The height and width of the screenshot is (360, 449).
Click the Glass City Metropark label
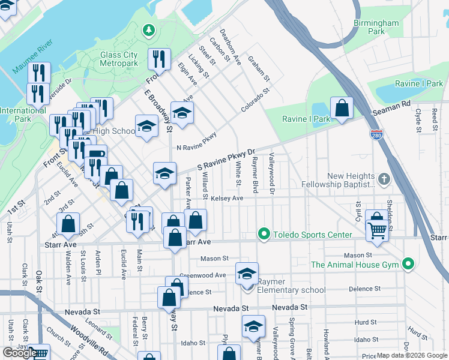click(x=119, y=59)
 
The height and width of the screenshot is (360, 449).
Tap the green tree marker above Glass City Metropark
click(x=148, y=30)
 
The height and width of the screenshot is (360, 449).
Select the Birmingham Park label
click(x=376, y=27)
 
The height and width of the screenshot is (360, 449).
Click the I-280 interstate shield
click(x=376, y=134)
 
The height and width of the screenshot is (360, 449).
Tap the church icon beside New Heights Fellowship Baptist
click(x=384, y=179)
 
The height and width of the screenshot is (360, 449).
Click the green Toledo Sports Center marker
click(x=263, y=234)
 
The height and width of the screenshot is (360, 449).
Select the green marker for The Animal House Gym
click(x=409, y=264)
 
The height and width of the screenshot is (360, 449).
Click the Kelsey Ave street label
click(x=227, y=198)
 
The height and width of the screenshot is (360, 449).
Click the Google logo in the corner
click(x=19, y=353)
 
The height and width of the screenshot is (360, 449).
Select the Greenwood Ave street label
click(x=203, y=275)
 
